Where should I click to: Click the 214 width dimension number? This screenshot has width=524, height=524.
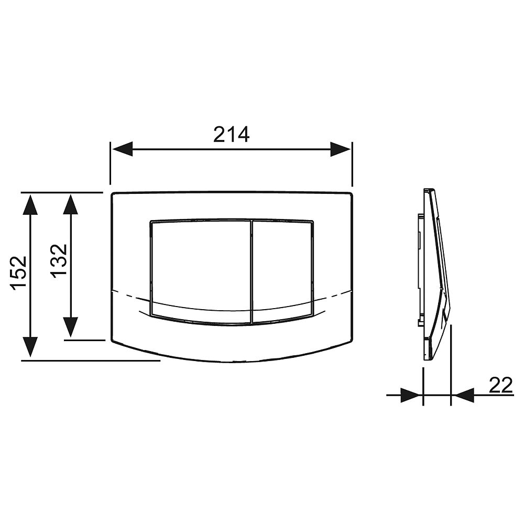coord(231,134)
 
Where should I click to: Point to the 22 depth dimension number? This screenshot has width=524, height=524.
coord(500,385)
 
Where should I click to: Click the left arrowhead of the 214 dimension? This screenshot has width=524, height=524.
coord(122,149)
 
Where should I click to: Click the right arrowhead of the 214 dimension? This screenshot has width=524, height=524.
coord(340,149)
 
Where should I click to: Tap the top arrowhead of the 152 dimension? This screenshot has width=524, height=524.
coord(30,204)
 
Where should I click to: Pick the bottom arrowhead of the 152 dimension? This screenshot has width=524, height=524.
coord(30,346)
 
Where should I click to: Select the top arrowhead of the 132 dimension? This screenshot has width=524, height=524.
coord(71,204)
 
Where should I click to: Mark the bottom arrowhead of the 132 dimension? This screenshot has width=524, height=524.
coord(71,327)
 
